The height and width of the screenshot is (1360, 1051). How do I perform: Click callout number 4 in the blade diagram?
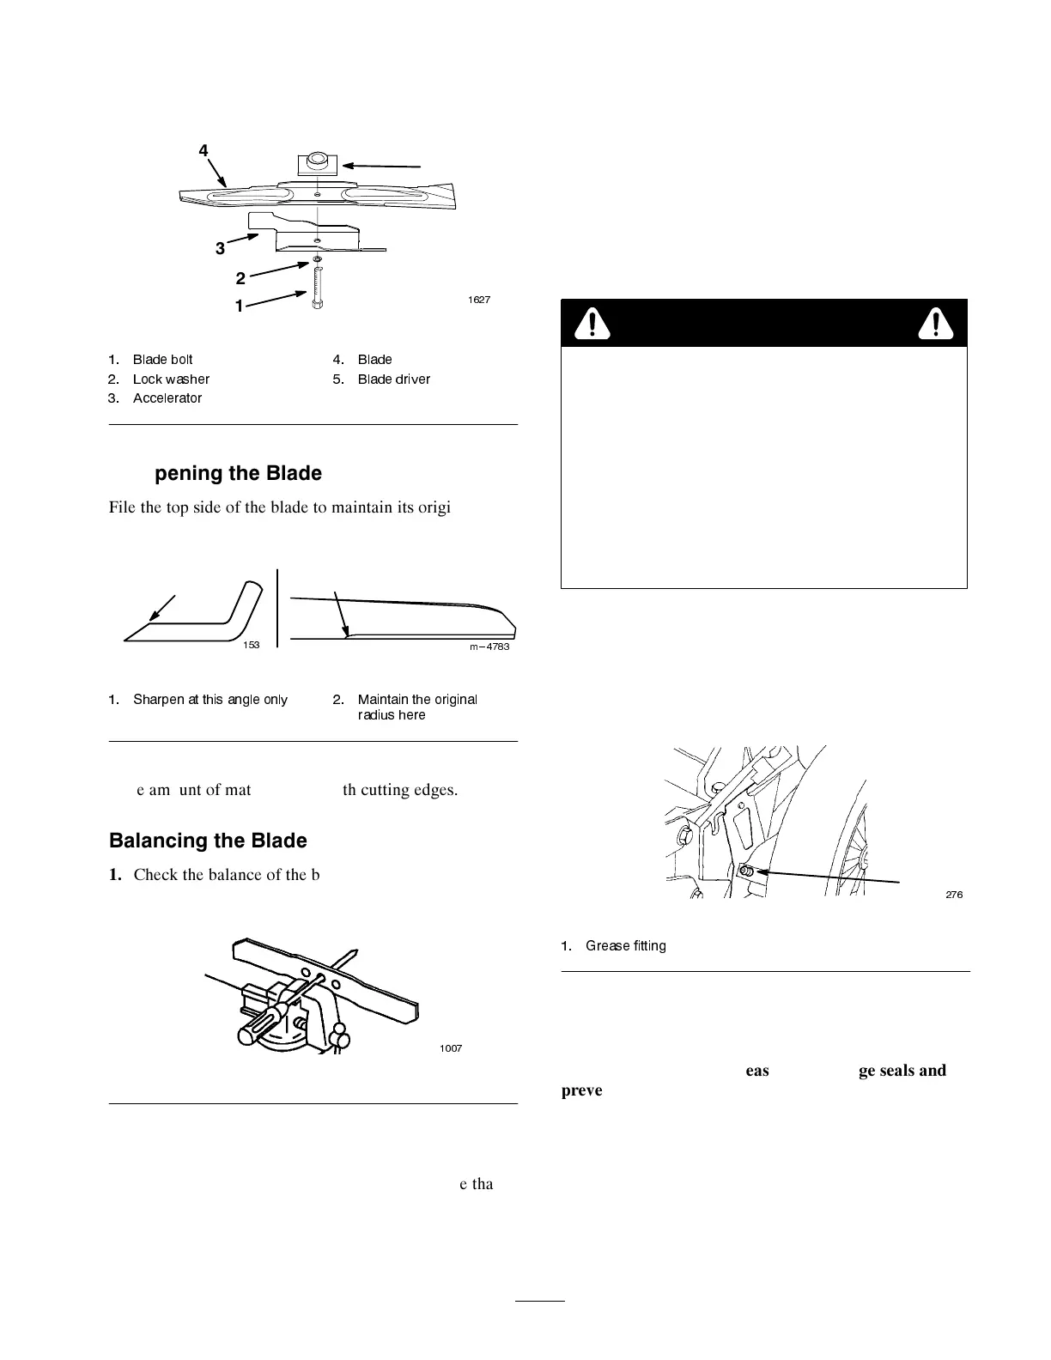point(204,151)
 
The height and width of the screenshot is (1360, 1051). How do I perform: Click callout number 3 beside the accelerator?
point(220,248)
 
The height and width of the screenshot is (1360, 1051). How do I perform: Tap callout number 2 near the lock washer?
point(240,278)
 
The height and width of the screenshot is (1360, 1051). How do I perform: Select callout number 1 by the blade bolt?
point(240,306)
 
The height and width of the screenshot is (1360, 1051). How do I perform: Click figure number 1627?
point(479,300)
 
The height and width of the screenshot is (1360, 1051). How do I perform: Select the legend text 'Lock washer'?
point(171,379)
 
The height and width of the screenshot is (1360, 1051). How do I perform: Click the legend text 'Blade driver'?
point(393,379)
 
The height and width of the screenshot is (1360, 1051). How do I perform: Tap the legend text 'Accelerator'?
point(167,398)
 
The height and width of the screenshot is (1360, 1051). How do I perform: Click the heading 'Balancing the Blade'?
point(208,841)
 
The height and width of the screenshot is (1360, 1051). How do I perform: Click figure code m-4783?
point(489,647)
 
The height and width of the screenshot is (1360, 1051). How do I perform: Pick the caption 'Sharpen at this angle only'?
point(210,700)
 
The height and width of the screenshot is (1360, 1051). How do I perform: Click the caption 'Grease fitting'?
point(625,946)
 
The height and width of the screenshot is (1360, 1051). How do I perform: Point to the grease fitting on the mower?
point(745,871)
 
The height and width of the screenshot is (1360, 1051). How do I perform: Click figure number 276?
point(954,895)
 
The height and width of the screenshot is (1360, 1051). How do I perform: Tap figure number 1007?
point(451,1049)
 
